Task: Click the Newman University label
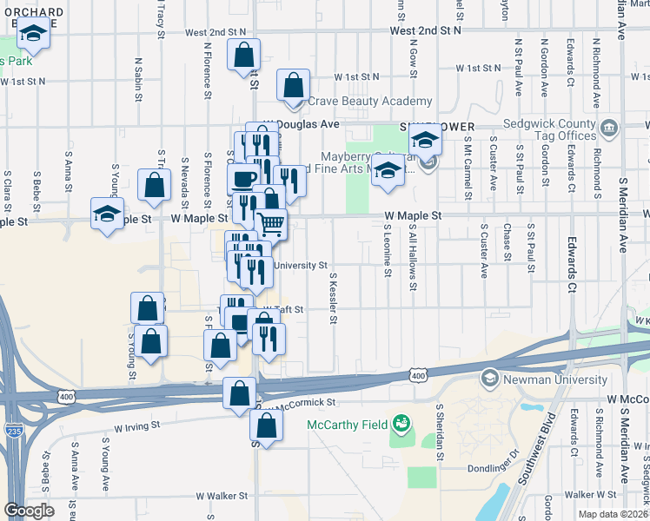[x=555, y=379]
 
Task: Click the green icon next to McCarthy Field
[x=401, y=424]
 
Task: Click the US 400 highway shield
[x=418, y=374]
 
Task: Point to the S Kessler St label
[x=334, y=295]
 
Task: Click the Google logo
[x=29, y=511]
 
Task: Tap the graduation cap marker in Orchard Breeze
[x=34, y=35]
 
